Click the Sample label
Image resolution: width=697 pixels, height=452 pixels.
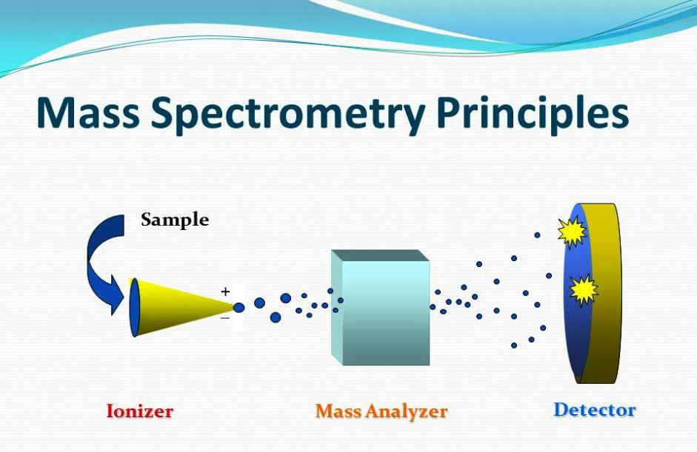pyautogui.click(x=175, y=220)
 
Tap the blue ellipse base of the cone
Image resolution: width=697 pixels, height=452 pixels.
pyautogui.click(x=134, y=307)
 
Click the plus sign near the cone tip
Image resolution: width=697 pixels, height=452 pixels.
pyautogui.click(x=225, y=291)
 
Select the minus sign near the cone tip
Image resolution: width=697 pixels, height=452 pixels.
pyautogui.click(x=225, y=318)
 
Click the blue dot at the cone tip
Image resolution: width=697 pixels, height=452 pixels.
pyautogui.click(x=239, y=307)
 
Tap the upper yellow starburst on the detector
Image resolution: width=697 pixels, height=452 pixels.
pyautogui.click(x=572, y=232)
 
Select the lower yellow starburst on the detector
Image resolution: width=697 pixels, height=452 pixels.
pyautogui.click(x=584, y=291)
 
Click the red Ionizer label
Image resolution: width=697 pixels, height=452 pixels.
pyautogui.click(x=139, y=411)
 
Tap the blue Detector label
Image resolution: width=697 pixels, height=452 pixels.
pyautogui.click(x=595, y=409)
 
